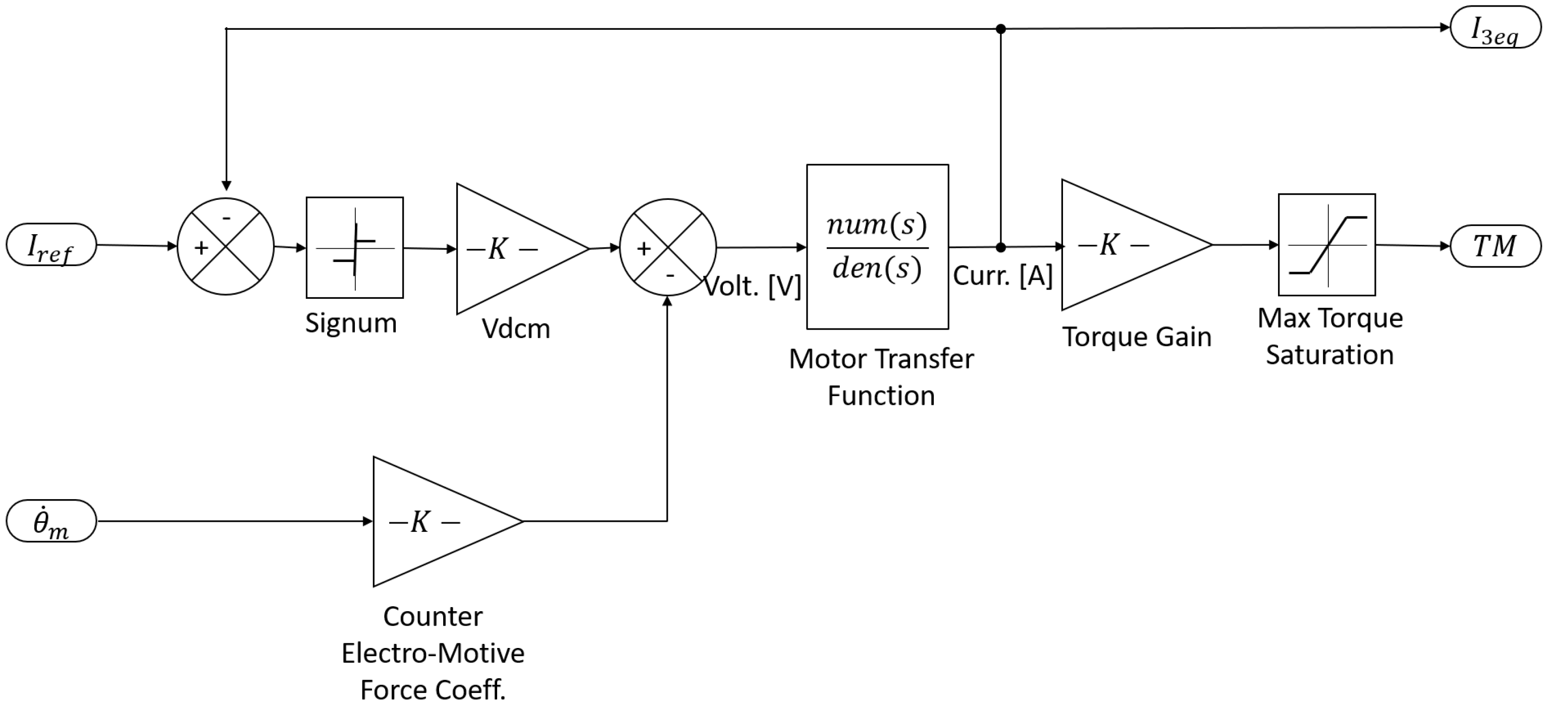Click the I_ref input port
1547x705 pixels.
tap(51, 245)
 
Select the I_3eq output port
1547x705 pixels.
tap(1496, 28)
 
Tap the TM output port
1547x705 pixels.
tap(1496, 246)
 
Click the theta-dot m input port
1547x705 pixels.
tap(51, 521)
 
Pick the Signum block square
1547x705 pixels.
tap(354, 247)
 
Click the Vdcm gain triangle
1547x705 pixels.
tap(510, 249)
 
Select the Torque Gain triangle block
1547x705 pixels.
tap(1123, 245)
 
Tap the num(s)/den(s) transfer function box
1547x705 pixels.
tap(877, 247)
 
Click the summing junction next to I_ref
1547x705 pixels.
tap(226, 246)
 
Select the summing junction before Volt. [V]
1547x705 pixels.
tap(667, 247)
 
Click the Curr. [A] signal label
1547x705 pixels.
tap(1002, 276)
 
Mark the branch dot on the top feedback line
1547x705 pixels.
tap(1000, 29)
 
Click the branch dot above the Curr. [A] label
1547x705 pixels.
tap(1000, 247)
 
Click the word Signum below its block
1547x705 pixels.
tap(351, 323)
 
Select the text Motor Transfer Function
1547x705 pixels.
tap(881, 377)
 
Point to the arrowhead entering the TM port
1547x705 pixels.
tap(1445, 246)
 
